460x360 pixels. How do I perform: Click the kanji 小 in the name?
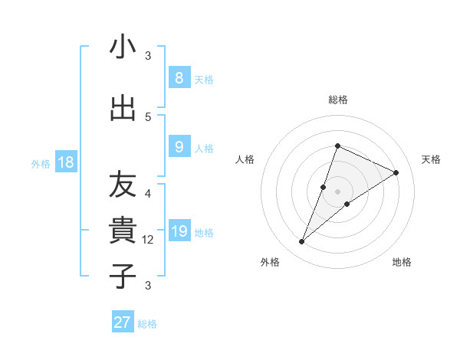[123, 47]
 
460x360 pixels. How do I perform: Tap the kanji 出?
[123, 108]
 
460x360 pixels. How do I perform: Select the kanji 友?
[123, 184]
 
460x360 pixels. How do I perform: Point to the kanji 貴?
[123, 231]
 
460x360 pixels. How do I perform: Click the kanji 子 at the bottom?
[123, 277]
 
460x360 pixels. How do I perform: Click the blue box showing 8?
[179, 77]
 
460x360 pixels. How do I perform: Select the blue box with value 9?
[179, 147]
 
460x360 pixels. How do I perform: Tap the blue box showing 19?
[179, 231]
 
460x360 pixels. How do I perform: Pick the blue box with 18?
[65, 162]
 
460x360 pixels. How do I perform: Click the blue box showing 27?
[123, 322]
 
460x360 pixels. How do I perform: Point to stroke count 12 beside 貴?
[149, 240]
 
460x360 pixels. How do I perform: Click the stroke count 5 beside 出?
[148, 116]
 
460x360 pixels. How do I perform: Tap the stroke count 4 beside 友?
[148, 193]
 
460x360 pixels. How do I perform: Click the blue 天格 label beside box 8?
[204, 79]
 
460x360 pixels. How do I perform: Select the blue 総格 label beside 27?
[147, 324]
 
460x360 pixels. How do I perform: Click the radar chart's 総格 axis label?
[337, 100]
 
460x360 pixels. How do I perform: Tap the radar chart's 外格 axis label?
[270, 262]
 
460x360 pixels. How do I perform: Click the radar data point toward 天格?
[396, 173]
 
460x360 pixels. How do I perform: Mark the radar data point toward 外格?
[302, 242]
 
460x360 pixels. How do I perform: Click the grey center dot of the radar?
[337, 191]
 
